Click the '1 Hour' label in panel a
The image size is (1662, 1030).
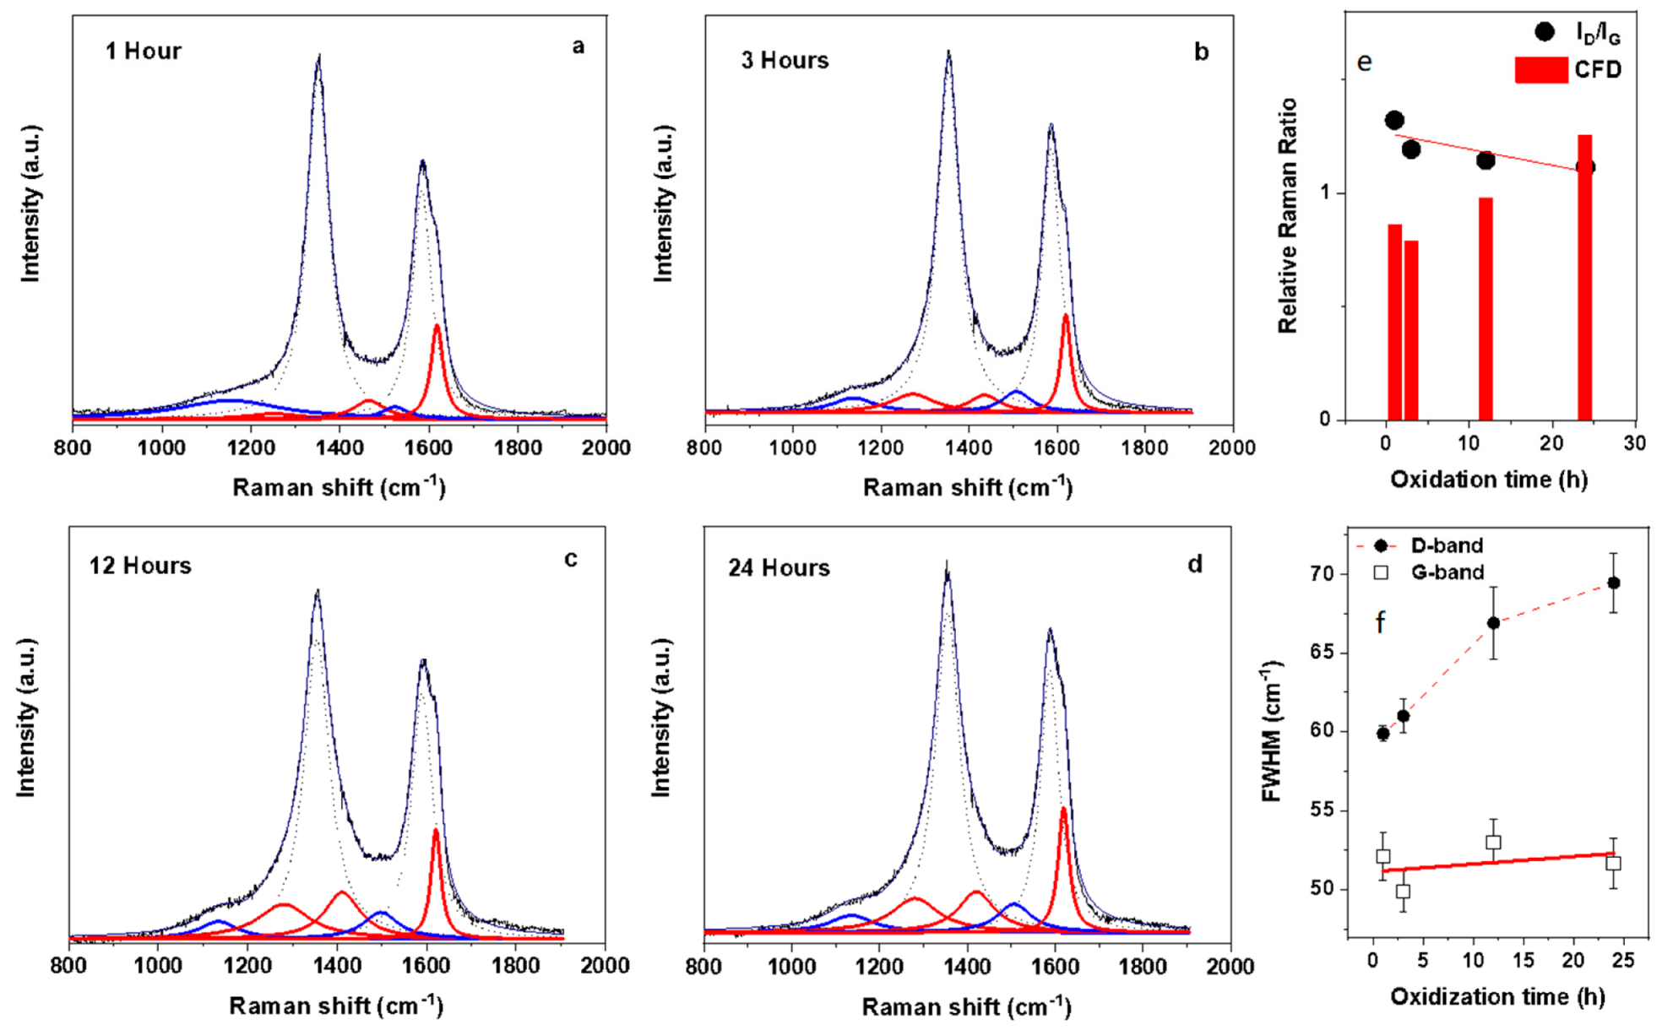point(143,51)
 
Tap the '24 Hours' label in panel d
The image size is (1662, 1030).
point(779,568)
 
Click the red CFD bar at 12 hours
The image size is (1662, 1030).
point(1485,308)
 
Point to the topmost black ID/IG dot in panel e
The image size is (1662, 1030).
point(1394,121)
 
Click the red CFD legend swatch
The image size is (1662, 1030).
point(1540,70)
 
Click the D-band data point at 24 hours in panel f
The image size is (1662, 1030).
point(1613,583)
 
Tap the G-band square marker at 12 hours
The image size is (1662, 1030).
point(1493,843)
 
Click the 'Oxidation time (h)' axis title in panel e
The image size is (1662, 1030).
point(1489,480)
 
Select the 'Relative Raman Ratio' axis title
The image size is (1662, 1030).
point(1288,216)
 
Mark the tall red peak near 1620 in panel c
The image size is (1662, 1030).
point(436,832)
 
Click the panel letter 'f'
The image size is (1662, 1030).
point(1380,623)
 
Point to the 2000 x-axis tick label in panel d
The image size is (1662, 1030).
point(1230,966)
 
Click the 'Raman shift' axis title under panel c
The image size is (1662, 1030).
point(336,1006)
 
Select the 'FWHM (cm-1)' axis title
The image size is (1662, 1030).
point(1273,732)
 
